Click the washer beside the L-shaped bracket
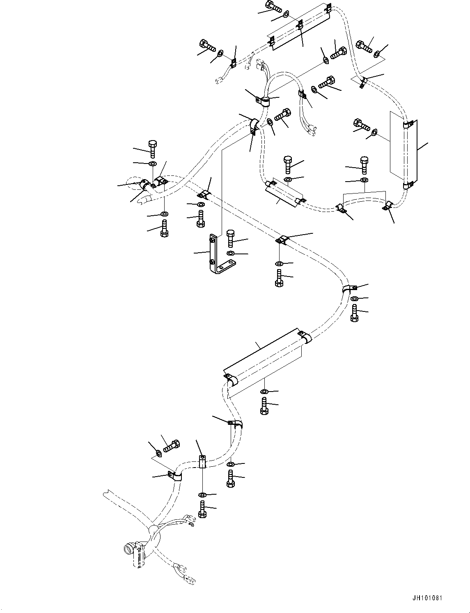click(230, 253)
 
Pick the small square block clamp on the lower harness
click(202, 462)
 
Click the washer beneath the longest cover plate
click(264, 391)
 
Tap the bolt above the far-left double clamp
click(152, 148)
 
